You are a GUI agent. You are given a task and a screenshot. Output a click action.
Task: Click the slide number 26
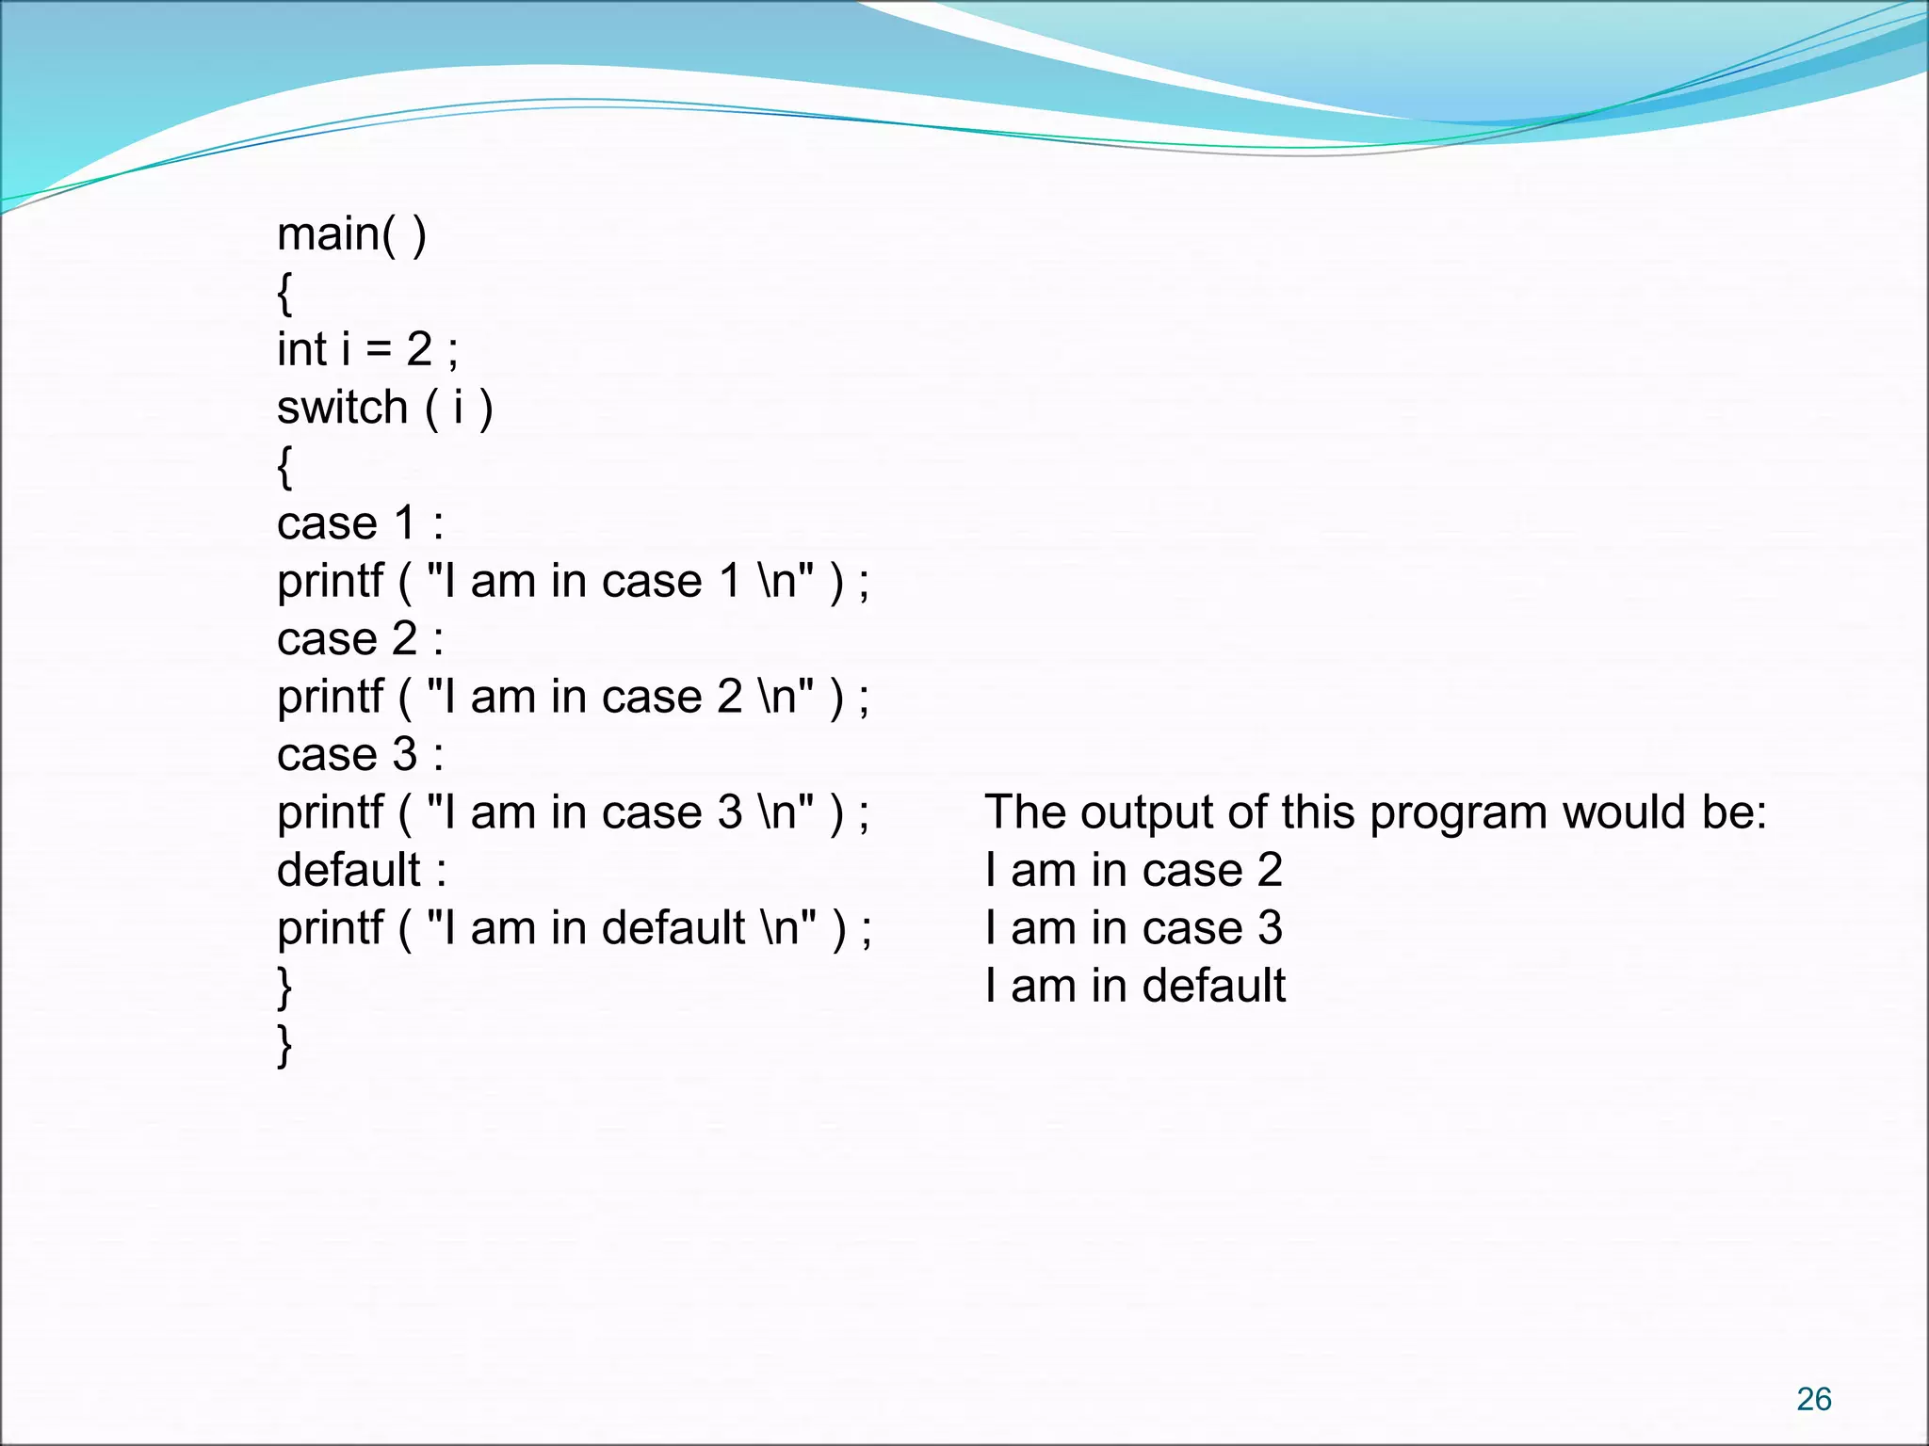point(1813,1399)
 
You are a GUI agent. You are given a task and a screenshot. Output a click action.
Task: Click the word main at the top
point(329,234)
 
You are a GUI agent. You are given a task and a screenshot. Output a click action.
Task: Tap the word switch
point(342,409)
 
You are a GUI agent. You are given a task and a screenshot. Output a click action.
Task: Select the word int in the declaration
point(301,350)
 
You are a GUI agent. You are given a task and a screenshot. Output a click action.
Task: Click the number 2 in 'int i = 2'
point(419,350)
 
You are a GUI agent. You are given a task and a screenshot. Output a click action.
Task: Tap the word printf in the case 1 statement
point(330,582)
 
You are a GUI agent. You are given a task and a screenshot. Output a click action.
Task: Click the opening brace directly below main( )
point(284,294)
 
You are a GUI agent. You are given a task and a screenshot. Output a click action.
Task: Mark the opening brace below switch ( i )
point(284,467)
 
